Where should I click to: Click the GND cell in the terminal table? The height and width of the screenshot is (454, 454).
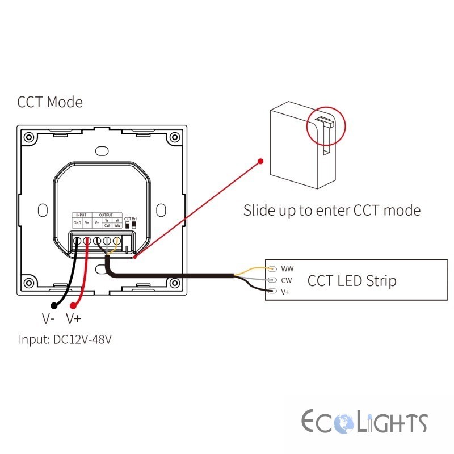point(77,223)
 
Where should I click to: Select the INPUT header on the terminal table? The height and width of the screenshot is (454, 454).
point(81,215)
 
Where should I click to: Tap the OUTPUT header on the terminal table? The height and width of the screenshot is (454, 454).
point(106,215)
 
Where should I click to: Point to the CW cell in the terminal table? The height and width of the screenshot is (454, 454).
point(107,225)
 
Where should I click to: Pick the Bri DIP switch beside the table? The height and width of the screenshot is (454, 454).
point(134,225)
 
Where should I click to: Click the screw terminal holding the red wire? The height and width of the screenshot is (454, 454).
point(87,241)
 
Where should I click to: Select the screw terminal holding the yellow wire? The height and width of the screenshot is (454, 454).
point(116,241)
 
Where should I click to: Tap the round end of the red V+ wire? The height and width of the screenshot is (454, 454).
point(74,305)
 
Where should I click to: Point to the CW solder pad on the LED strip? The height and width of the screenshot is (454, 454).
point(272,280)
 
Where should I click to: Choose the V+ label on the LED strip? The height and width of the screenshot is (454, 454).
point(286,292)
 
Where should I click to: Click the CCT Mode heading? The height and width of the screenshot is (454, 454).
point(50,103)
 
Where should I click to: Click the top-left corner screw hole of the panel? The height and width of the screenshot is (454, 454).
point(28,137)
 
